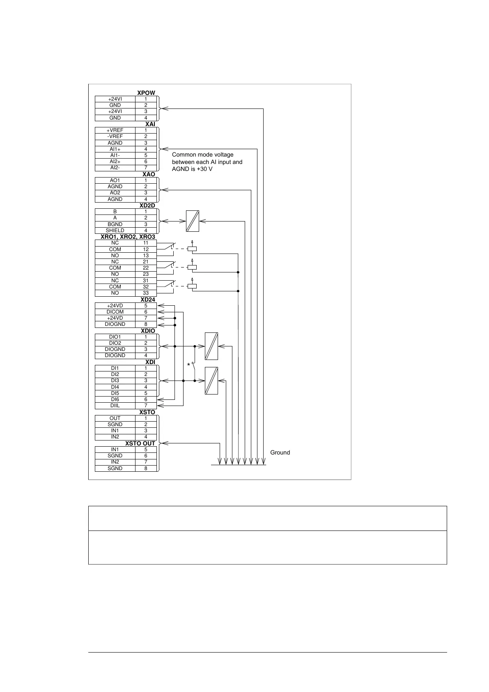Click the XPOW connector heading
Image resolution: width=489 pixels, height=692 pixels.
pyautogui.click(x=146, y=93)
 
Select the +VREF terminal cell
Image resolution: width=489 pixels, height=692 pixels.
pyautogui.click(x=115, y=130)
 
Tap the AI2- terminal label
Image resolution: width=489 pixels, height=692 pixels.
pyautogui.click(x=115, y=168)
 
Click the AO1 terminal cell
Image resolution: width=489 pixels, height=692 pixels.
pyautogui.click(x=115, y=180)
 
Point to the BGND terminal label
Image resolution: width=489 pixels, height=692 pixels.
pyautogui.click(x=115, y=224)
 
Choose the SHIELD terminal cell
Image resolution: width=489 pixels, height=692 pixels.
pyautogui.click(x=115, y=231)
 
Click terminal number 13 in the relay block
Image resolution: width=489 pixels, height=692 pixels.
pyautogui.click(x=146, y=256)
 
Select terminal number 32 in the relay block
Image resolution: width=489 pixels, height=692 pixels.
pyautogui.click(x=146, y=287)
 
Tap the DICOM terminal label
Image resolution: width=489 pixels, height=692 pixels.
pyautogui.click(x=115, y=312)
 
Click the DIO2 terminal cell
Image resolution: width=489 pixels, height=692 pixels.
pyautogui.click(x=115, y=343)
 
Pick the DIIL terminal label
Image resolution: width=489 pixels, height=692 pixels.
pyautogui.click(x=115, y=406)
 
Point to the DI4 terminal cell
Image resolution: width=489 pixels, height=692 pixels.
pyautogui.click(x=115, y=387)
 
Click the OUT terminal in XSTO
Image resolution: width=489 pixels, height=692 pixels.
pyautogui.click(x=115, y=418)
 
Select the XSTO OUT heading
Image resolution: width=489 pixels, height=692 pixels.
pyautogui.click(x=140, y=443)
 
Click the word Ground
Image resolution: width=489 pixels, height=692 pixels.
pyautogui.click(x=280, y=452)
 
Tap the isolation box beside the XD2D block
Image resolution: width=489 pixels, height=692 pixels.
pyautogui.click(x=193, y=221)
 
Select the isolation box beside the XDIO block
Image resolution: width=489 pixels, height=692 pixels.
pyautogui.click(x=211, y=346)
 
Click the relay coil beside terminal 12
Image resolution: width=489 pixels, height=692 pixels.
pyautogui.click(x=192, y=249)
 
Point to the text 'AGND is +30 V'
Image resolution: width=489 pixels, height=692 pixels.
pyautogui.click(x=192, y=169)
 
